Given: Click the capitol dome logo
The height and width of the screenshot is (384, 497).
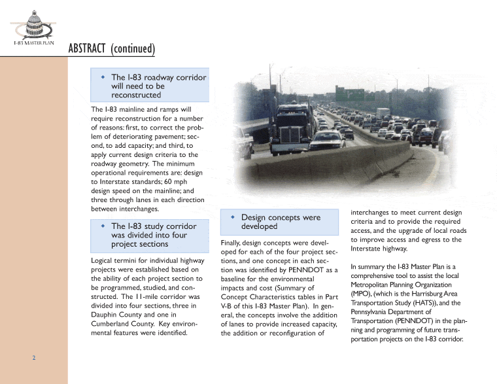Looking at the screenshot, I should click(33, 24).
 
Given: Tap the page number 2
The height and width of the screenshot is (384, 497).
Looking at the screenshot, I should click(33, 358).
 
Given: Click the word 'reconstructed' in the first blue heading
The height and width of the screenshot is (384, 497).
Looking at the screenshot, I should click(135, 95).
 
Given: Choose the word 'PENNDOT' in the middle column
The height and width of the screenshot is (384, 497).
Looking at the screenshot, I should click(312, 270).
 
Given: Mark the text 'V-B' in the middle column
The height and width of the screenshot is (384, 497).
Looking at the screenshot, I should click(228, 305).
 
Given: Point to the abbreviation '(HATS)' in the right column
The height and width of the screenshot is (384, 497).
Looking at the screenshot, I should click(432, 303).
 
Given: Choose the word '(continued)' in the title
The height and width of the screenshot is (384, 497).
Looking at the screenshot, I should click(133, 49).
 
